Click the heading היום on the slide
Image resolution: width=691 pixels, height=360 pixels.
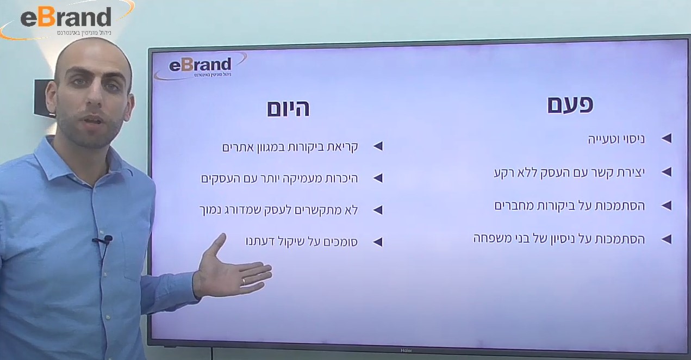288,109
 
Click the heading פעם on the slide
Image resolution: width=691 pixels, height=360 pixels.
570,105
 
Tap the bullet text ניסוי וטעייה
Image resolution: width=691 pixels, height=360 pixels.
616,139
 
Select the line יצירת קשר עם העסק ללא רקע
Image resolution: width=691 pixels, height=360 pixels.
569,173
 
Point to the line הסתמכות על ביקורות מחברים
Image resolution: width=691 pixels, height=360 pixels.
569,206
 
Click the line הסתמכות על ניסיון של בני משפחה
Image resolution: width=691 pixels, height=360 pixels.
559,239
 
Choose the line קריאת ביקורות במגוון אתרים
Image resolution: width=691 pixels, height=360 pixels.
290,147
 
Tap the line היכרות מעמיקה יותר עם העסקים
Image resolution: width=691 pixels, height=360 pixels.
279,178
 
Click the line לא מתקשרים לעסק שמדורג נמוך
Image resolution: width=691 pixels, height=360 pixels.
279,210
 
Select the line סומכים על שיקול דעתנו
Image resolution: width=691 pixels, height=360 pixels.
301,242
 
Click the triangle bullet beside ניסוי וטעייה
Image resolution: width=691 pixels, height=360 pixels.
667,139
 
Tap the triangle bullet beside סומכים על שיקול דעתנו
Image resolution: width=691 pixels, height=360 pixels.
378,242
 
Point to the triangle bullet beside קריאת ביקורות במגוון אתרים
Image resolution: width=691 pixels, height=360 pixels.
378,146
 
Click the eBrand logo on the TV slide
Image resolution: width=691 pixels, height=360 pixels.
201,66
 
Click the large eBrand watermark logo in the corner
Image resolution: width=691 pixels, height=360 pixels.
66,19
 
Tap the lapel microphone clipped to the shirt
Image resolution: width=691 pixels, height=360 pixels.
102,240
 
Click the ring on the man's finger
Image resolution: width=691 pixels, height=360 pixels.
244,282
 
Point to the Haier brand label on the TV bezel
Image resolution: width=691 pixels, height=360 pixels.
406,351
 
